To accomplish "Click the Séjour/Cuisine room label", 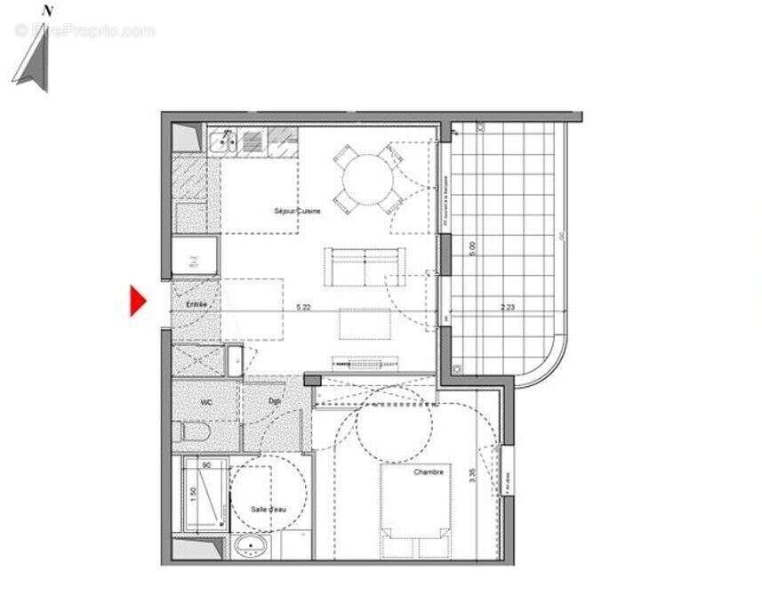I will [297, 211].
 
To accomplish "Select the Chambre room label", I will [428, 471].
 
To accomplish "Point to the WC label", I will [206, 402].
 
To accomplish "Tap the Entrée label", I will [197, 305].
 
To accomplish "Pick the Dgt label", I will [275, 402].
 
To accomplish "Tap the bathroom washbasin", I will [252, 546].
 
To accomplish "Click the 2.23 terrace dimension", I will [508, 309].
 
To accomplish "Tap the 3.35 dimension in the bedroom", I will [472, 475].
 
